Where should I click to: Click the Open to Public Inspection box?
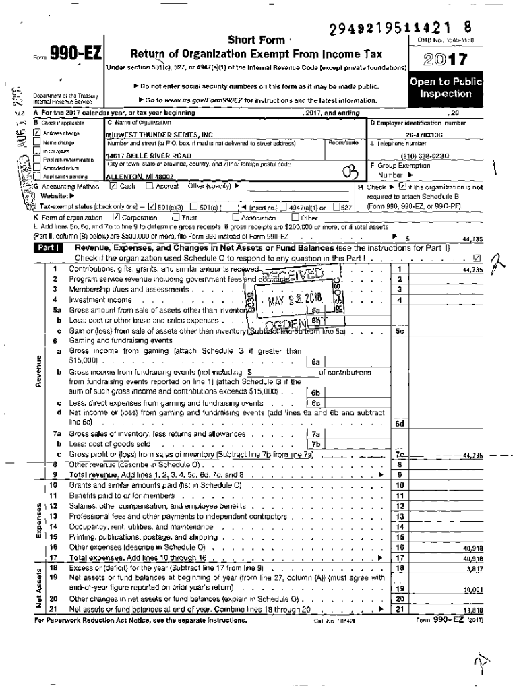click(x=446, y=88)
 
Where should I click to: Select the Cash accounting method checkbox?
click(x=113, y=185)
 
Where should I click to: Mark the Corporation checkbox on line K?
click(x=116, y=218)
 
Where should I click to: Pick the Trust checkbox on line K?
click(x=176, y=218)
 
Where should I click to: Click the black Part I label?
click(x=49, y=248)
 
